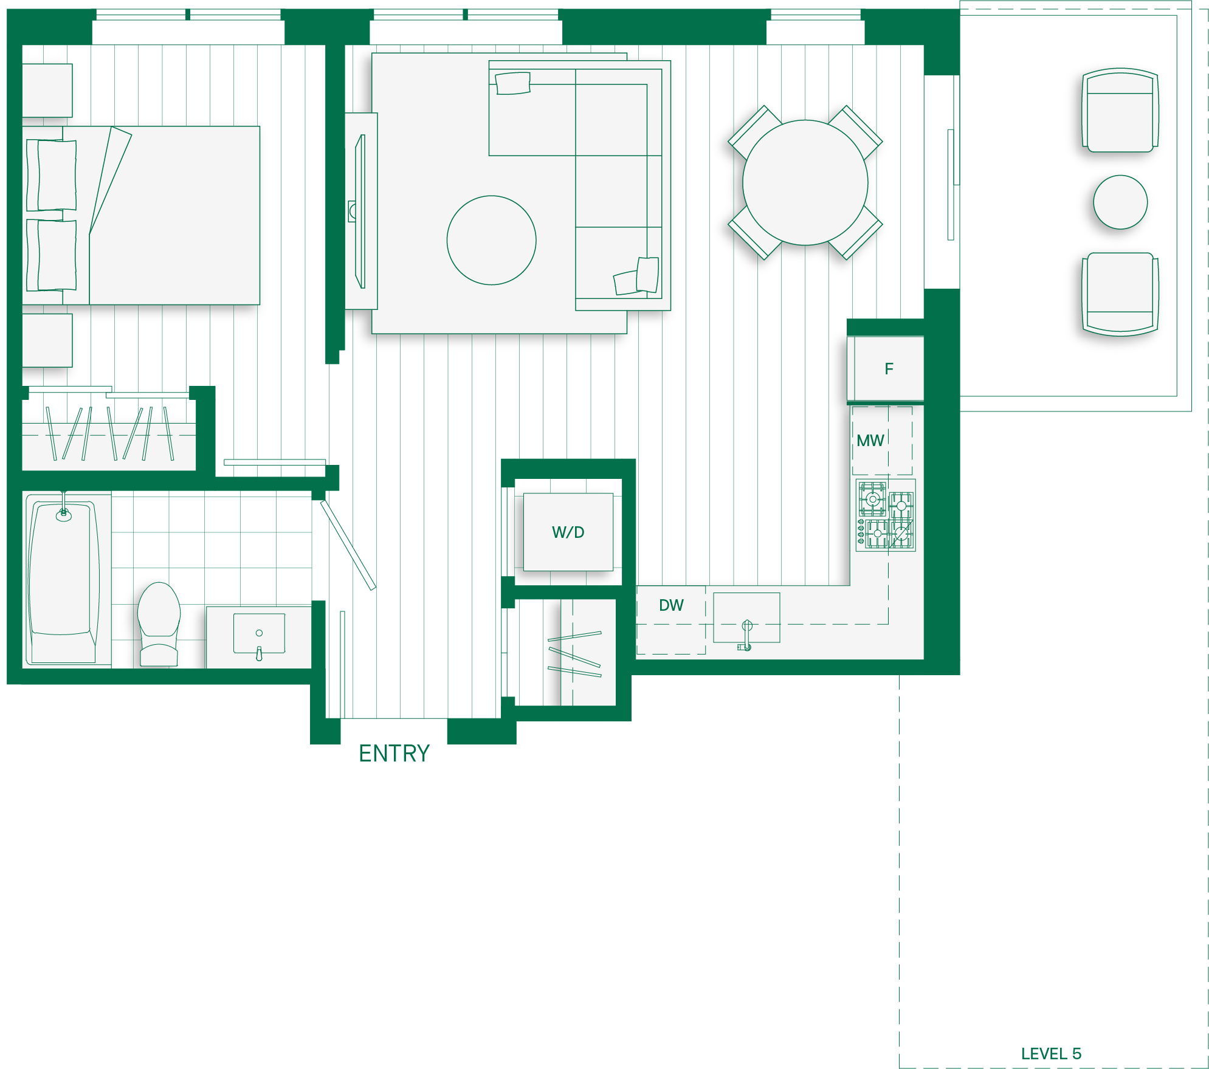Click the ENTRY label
click(394, 754)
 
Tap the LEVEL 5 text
click(1051, 1054)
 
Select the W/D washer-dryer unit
click(568, 532)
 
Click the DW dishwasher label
click(671, 605)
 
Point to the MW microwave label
click(870, 441)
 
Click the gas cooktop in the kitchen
click(886, 515)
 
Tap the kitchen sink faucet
click(746, 635)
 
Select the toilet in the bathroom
click(159, 624)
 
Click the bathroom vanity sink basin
click(260, 634)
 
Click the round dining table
click(805, 182)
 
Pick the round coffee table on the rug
click(491, 240)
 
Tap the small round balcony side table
click(1120, 202)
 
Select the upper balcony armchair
click(1120, 110)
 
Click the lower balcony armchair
click(1120, 294)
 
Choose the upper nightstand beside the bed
click(47, 91)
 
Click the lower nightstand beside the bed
click(47, 340)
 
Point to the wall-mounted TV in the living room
click(360, 211)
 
